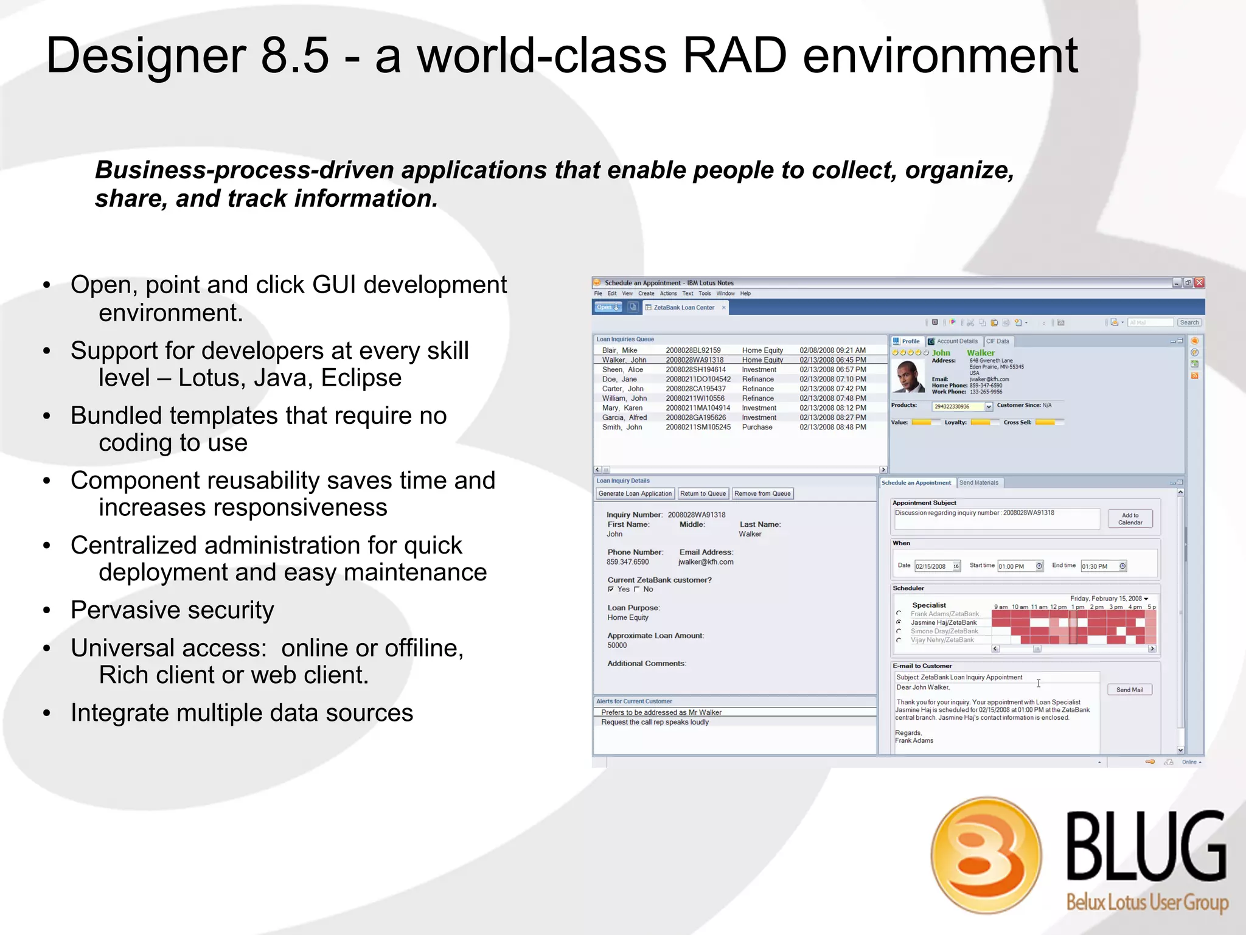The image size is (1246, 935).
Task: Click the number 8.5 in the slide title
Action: click(294, 56)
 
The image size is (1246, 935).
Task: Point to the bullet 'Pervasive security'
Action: click(172, 610)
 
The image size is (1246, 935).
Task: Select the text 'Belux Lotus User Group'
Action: click(1147, 902)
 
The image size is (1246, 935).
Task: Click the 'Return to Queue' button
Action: click(703, 493)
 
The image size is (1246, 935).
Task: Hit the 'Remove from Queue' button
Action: click(762, 493)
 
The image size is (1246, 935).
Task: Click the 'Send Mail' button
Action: click(1129, 690)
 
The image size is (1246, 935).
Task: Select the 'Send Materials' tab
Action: click(978, 483)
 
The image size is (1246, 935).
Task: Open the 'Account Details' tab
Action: click(956, 341)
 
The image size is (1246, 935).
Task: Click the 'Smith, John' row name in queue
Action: click(622, 427)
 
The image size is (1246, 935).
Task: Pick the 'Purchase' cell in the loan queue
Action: click(757, 427)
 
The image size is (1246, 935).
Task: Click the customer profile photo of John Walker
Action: click(908, 377)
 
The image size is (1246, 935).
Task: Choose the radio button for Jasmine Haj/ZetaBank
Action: click(899, 622)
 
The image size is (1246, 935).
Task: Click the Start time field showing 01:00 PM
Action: click(1015, 566)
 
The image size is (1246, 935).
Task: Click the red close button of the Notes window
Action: click(1199, 283)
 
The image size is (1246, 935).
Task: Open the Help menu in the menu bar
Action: click(745, 293)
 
